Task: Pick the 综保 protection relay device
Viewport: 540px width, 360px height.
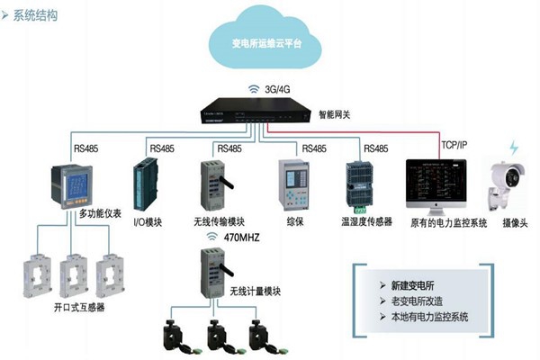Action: point(293,184)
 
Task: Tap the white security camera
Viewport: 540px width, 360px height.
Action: point(510,180)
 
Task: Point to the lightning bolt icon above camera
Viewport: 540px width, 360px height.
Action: point(514,147)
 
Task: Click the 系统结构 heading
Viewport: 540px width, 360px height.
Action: point(41,15)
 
